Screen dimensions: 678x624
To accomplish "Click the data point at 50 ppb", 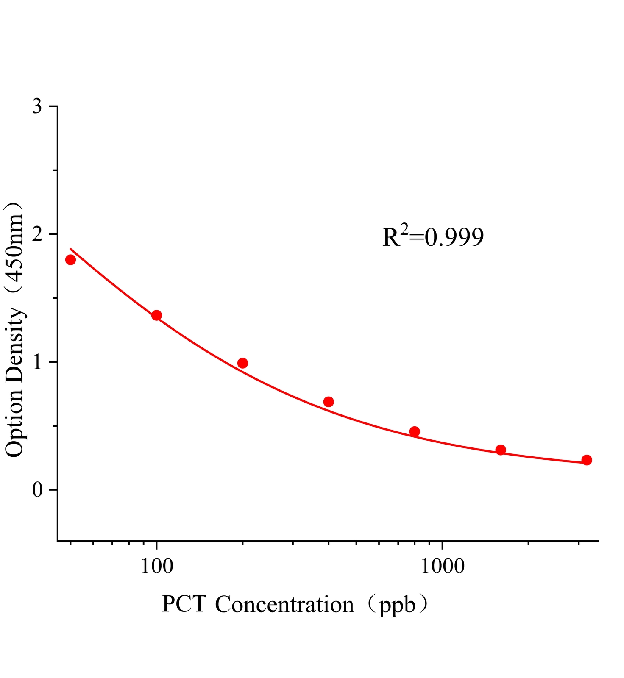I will click(71, 260).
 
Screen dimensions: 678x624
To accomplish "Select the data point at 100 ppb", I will click(156, 315).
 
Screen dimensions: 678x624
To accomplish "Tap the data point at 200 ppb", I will click(242, 363).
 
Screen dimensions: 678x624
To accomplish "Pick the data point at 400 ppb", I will click(329, 402).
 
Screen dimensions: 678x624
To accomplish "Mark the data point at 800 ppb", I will click(415, 432).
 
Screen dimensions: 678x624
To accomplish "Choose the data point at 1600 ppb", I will click(501, 450).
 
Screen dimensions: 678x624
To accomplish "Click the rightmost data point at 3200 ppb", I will click(587, 460).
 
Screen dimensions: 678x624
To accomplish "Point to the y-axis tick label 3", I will click(37, 106).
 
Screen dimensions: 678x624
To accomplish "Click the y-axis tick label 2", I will click(37, 234).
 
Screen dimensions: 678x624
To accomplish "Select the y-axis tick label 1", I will click(37, 362).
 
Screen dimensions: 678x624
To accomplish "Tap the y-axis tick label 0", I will click(37, 490).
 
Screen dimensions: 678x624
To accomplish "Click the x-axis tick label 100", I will click(157, 566).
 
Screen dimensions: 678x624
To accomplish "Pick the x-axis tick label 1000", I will click(442, 566).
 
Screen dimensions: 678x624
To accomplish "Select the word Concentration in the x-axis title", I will click(284, 605).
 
